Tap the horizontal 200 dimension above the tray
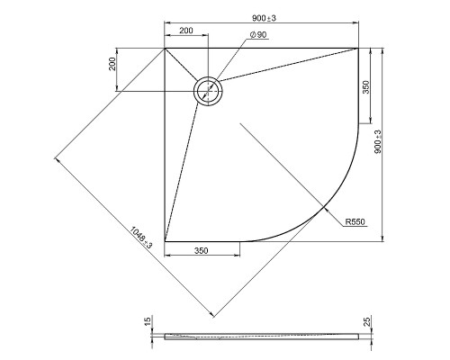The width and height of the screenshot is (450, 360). pos(185,31)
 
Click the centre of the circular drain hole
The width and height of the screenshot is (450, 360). pos(209,89)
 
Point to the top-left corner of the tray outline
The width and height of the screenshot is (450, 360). pos(166,49)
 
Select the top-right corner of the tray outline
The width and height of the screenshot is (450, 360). pos(358,49)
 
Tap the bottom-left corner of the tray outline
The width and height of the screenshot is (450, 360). pos(166,242)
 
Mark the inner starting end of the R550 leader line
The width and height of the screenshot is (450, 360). pos(238,123)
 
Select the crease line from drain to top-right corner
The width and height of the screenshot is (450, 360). pos(288,67)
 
